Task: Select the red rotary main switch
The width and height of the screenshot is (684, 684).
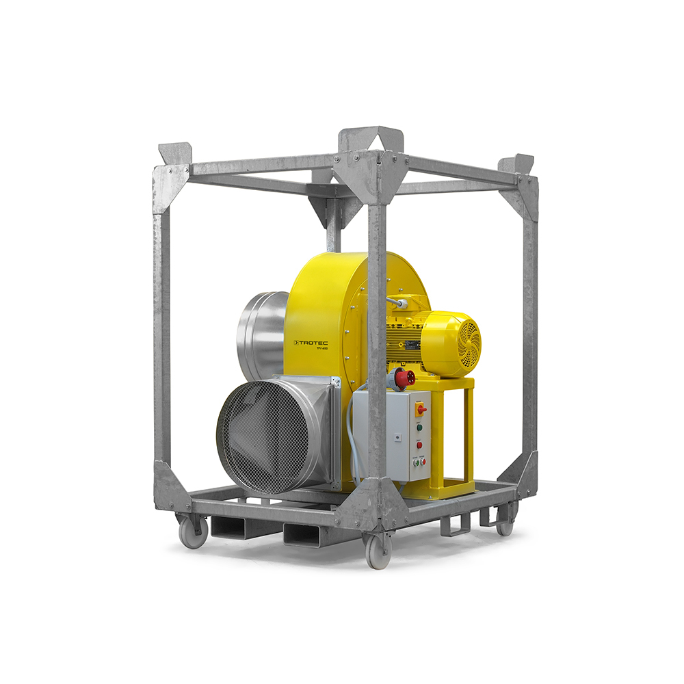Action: coord(421,409)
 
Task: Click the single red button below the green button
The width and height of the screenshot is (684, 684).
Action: coord(419,445)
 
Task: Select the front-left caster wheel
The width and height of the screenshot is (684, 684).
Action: coord(193,531)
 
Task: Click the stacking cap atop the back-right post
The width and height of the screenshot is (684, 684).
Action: coord(516,163)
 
